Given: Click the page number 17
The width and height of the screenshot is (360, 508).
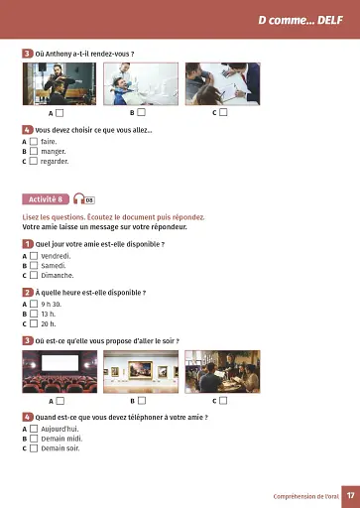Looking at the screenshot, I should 350,494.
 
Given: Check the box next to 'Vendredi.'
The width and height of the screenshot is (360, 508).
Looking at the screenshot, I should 34,256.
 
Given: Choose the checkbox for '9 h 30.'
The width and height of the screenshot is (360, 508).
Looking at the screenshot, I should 34,304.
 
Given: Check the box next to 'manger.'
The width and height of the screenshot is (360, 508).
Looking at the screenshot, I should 34,151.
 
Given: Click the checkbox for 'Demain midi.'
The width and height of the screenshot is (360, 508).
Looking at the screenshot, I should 34,438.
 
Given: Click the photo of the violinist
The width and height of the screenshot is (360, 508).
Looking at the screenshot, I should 60,83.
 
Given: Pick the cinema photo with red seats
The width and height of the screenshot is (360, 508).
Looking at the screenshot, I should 60,371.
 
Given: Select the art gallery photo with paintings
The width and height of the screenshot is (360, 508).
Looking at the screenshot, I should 141,371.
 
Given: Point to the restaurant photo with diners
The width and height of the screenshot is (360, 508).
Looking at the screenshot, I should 223,371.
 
